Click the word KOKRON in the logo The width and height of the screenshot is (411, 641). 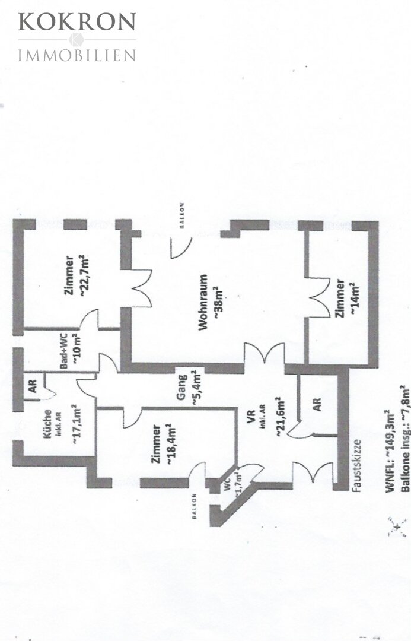77,22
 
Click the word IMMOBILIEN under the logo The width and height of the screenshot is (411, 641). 77,56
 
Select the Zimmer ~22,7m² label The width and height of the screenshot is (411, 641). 77,276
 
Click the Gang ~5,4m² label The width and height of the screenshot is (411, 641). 188,388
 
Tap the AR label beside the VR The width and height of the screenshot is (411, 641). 318,405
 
